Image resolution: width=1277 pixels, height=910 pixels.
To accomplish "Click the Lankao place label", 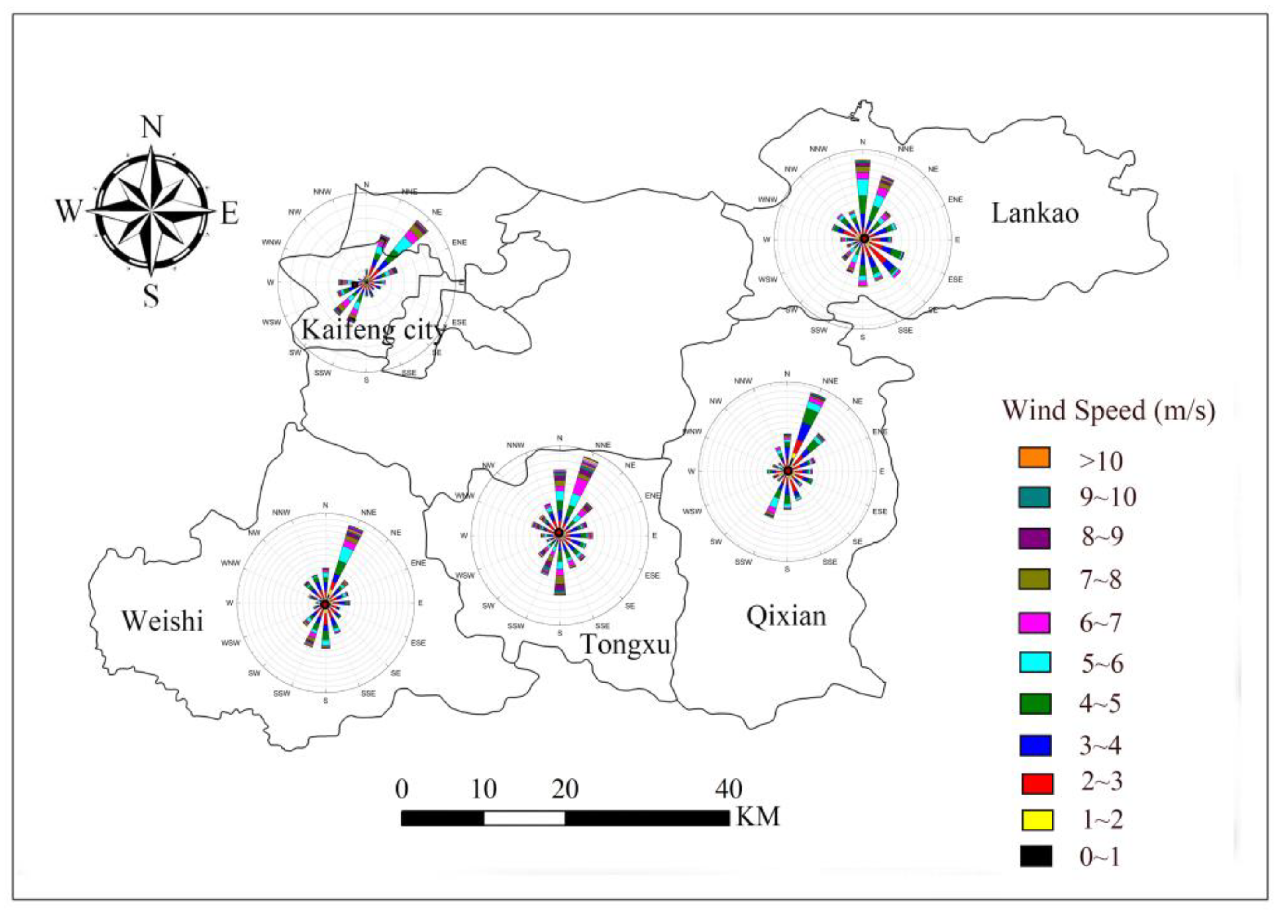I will pyautogui.click(x=1035, y=213).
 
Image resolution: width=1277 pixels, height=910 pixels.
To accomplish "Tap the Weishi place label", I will pyautogui.click(x=163, y=621).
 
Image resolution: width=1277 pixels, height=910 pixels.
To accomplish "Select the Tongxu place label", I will pyautogui.click(x=625, y=645).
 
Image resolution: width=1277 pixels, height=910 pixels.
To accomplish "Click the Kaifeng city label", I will pyautogui.click(x=373, y=329).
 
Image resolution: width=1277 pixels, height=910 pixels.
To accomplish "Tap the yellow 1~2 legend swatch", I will pyautogui.click(x=1036, y=820).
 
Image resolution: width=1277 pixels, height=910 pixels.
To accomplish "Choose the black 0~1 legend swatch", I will pyautogui.click(x=1036, y=856).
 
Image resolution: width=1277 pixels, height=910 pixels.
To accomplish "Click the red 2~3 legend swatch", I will pyautogui.click(x=1036, y=783).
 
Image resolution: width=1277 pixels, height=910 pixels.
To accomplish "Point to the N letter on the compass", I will pyautogui.click(x=151, y=127).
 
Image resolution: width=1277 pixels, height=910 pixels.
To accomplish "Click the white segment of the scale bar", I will pyautogui.click(x=524, y=818).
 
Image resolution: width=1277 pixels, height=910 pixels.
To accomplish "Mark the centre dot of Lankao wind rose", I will pyautogui.click(x=864, y=239).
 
